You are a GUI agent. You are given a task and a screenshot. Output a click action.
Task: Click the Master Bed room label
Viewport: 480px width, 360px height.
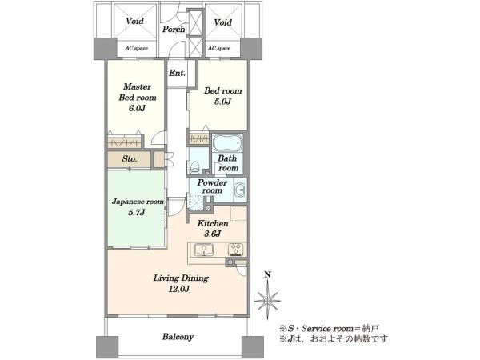138,92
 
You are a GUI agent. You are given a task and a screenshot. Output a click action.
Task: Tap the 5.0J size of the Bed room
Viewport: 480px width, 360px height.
222,102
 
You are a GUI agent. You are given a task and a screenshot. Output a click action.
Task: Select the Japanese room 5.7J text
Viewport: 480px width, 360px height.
138,207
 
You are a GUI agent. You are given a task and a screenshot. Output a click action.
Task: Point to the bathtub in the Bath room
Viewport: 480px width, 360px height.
227,142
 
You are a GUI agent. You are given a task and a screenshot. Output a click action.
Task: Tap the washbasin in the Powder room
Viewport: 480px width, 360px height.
240,190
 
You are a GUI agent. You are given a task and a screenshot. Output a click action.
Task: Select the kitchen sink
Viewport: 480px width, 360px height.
203,249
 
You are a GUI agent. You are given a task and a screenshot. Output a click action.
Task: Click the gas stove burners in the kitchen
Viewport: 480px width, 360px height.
235,249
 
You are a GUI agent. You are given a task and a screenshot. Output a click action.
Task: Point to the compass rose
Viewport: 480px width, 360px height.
267,300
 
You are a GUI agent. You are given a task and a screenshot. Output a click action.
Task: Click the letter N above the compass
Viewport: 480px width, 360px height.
268,275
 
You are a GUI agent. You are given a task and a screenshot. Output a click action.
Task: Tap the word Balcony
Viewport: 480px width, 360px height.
178,337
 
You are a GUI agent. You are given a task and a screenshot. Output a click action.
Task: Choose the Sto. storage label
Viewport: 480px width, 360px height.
130,159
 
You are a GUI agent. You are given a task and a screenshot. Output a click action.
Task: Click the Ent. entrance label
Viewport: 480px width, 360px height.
178,73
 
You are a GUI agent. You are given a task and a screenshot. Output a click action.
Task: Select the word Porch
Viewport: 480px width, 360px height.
174,29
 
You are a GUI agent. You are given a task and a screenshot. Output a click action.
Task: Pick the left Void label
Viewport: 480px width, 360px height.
134,21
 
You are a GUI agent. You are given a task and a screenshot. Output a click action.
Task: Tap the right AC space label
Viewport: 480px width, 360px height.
219,48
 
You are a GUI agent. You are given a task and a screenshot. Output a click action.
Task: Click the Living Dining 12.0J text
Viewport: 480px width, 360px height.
181,283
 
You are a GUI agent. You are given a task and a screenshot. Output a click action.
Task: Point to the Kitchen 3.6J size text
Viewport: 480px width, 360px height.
213,234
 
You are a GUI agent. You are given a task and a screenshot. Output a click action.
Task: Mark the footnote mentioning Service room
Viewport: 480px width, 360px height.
329,329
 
